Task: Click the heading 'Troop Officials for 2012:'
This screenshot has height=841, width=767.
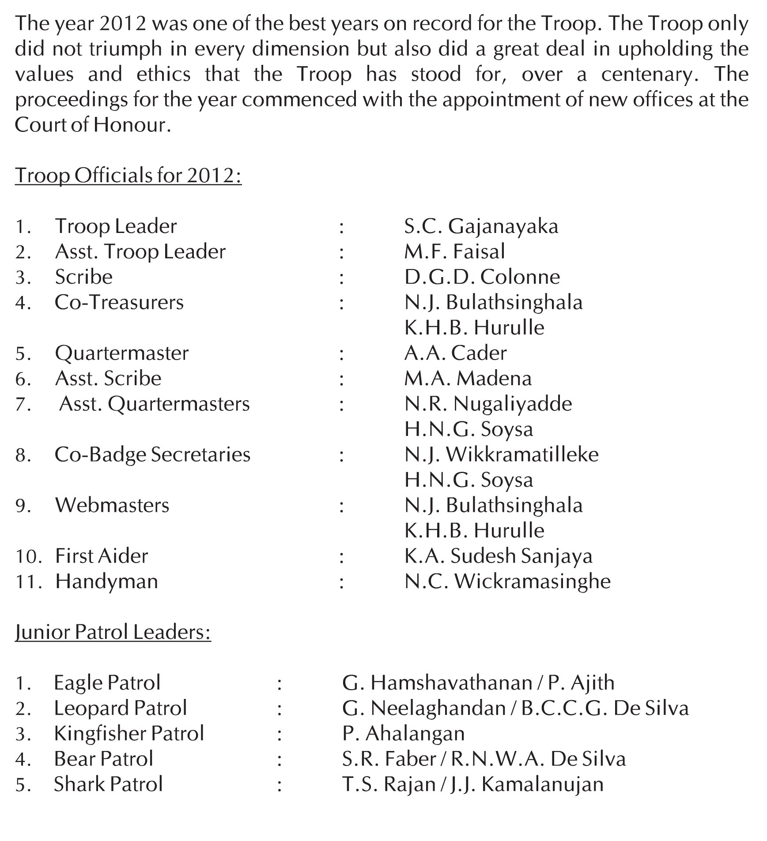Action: (128, 176)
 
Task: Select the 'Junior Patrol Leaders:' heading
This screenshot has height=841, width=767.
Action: (113, 632)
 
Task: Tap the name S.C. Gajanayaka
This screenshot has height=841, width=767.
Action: (481, 227)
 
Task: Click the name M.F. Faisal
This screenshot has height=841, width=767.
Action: (454, 252)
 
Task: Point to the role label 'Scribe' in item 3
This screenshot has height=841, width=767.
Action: (83, 278)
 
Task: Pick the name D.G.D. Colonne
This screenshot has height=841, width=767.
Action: (482, 278)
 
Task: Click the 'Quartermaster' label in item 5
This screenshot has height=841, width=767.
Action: (121, 353)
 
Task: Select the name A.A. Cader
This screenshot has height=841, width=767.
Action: (455, 353)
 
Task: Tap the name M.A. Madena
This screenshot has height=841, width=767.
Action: (468, 379)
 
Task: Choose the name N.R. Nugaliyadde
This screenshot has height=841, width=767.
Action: (488, 404)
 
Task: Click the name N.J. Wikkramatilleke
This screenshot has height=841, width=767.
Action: (501, 455)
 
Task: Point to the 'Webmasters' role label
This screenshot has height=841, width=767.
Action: (112, 506)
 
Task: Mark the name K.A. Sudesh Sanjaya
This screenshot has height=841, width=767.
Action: (498, 556)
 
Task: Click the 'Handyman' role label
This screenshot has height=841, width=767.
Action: (106, 582)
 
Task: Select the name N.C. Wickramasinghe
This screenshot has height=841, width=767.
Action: (507, 582)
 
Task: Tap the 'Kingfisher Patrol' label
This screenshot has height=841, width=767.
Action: (129, 734)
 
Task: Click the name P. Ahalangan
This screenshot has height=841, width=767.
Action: (403, 734)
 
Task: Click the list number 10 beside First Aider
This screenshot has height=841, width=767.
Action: (28, 557)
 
